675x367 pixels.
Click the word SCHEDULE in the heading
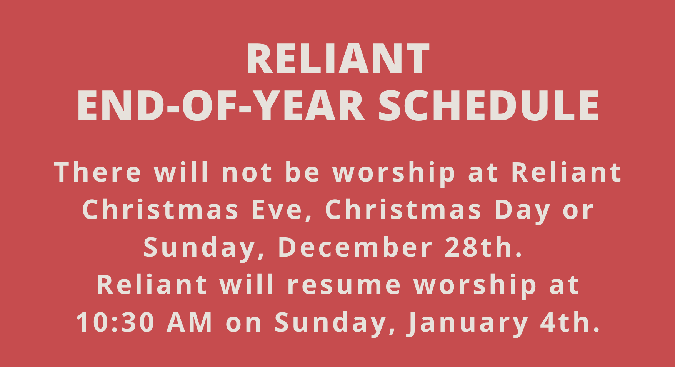[488, 106]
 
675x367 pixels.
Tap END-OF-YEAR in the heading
[221, 106]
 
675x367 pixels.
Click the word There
[98, 172]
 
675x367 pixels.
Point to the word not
[247, 172]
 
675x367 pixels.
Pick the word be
[302, 172]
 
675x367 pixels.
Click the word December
[355, 247]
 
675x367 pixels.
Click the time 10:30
[115, 322]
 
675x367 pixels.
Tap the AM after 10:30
[189, 322]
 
